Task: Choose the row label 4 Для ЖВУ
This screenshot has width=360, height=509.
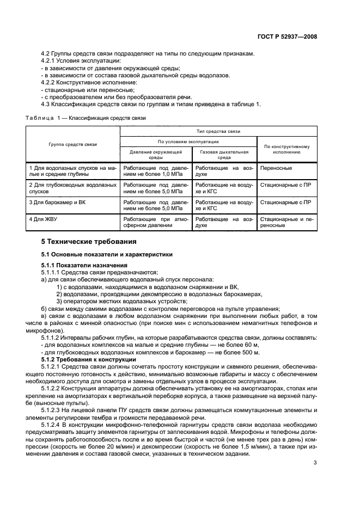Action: [x=44, y=219]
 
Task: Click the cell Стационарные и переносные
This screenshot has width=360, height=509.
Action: [x=286, y=222]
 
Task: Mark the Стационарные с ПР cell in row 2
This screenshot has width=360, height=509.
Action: [x=286, y=185]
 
